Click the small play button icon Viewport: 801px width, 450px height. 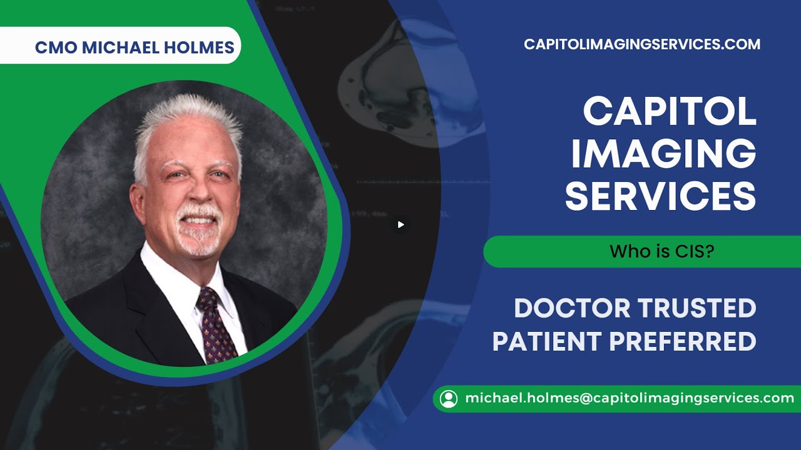coord(401,224)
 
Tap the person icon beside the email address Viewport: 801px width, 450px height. coord(449,399)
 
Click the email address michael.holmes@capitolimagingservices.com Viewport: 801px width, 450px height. coord(629,398)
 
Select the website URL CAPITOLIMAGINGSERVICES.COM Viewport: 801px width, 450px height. coord(642,44)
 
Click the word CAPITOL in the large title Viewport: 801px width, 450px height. coord(670,112)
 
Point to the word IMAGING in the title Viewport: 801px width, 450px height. coord(663,154)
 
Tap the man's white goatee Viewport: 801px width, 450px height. coord(198,241)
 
